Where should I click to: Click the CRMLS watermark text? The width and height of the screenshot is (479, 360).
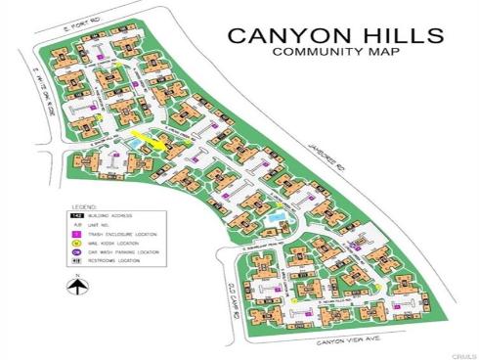point(463,352)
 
